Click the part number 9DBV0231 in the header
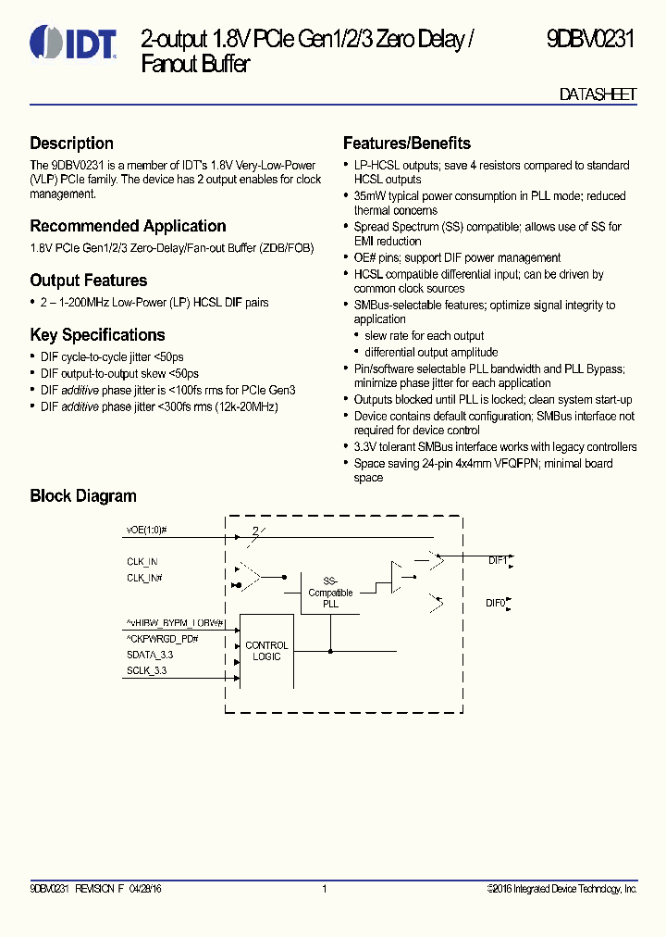590,40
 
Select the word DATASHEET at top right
598,95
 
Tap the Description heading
71,144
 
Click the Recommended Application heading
128,226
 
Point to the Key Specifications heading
97,335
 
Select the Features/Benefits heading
406,144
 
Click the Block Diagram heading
83,496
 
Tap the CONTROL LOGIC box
266,651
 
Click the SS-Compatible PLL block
330,593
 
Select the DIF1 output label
498,560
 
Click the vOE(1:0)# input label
146,531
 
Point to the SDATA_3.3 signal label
150,655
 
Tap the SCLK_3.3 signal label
146,670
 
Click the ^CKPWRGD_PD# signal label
163,639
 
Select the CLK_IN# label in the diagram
145,577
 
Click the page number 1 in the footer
325,889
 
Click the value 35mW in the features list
370,196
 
